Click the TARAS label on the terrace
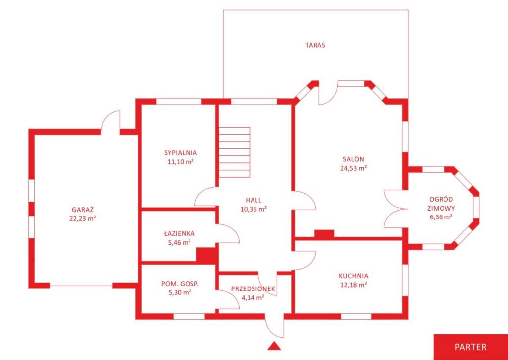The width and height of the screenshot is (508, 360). [315, 45]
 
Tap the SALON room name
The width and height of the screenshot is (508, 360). [353, 159]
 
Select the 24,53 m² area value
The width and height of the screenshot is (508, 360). [353, 168]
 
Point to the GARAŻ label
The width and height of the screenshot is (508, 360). [83, 209]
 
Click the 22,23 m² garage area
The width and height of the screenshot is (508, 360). [83, 218]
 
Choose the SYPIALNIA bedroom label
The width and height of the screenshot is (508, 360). [181, 153]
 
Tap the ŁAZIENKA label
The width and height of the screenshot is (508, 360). [179, 233]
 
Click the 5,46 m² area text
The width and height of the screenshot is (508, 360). [179, 242]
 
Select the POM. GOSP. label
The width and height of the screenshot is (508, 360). [180, 284]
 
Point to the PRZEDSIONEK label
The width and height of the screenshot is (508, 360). [253, 288]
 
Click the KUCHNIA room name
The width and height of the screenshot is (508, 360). [353, 276]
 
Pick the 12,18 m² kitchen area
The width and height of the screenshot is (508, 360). [353, 285]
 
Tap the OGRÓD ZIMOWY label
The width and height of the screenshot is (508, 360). [441, 204]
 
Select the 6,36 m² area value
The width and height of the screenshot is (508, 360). [441, 217]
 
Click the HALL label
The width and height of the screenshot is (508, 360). [254, 200]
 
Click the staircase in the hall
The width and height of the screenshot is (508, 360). [235, 152]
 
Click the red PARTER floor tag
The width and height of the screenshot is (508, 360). [471, 347]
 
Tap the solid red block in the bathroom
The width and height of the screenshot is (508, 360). [206, 254]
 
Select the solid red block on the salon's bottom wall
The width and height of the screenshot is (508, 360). [324, 234]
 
